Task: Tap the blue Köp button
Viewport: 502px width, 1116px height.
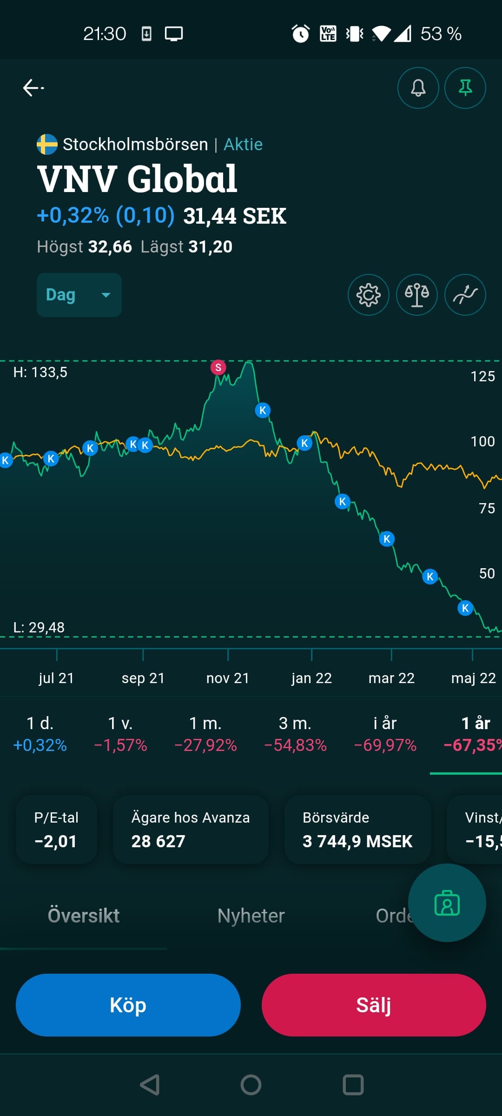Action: point(128,1004)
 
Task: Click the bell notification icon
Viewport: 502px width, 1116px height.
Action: point(418,88)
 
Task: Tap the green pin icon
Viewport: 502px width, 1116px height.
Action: point(465,88)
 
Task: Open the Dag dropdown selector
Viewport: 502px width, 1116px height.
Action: point(79,295)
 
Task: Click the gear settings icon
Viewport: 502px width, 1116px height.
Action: point(369,295)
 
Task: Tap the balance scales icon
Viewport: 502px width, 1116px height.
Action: point(417,295)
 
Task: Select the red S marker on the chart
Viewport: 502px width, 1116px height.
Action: point(218,367)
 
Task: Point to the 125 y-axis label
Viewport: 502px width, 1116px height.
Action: point(482,376)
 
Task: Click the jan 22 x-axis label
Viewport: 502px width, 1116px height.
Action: point(311,678)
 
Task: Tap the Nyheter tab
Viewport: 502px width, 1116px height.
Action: point(251,916)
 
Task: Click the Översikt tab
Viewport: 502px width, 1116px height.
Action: point(84,916)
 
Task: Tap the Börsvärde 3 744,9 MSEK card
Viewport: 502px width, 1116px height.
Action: point(357,830)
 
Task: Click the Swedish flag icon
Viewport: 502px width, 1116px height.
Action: point(47,145)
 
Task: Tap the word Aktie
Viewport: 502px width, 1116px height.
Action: point(243,145)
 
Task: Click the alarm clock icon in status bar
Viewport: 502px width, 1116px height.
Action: point(300,33)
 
